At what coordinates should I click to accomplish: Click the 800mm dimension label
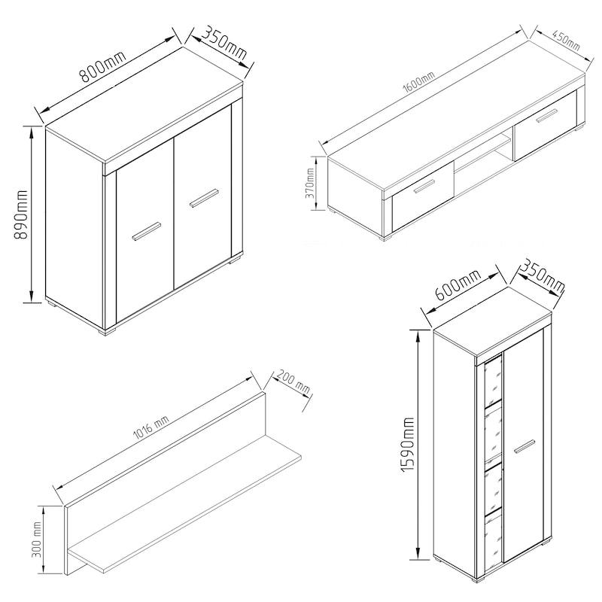click(103, 66)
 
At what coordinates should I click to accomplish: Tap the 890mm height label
click(21, 214)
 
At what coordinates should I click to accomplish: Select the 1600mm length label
click(418, 83)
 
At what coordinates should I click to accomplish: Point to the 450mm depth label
click(567, 40)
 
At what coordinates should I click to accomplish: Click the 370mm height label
click(309, 183)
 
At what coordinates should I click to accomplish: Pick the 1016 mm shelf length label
click(151, 427)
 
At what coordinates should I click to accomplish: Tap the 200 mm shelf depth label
click(293, 382)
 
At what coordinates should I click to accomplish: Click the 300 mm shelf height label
click(37, 540)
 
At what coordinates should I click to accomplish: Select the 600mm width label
click(458, 285)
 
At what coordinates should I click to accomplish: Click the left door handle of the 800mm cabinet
click(146, 231)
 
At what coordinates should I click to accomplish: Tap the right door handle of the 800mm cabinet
click(204, 198)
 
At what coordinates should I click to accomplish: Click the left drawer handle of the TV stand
click(424, 186)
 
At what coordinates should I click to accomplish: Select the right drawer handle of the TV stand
click(547, 116)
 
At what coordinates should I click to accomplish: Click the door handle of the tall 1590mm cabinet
click(524, 446)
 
